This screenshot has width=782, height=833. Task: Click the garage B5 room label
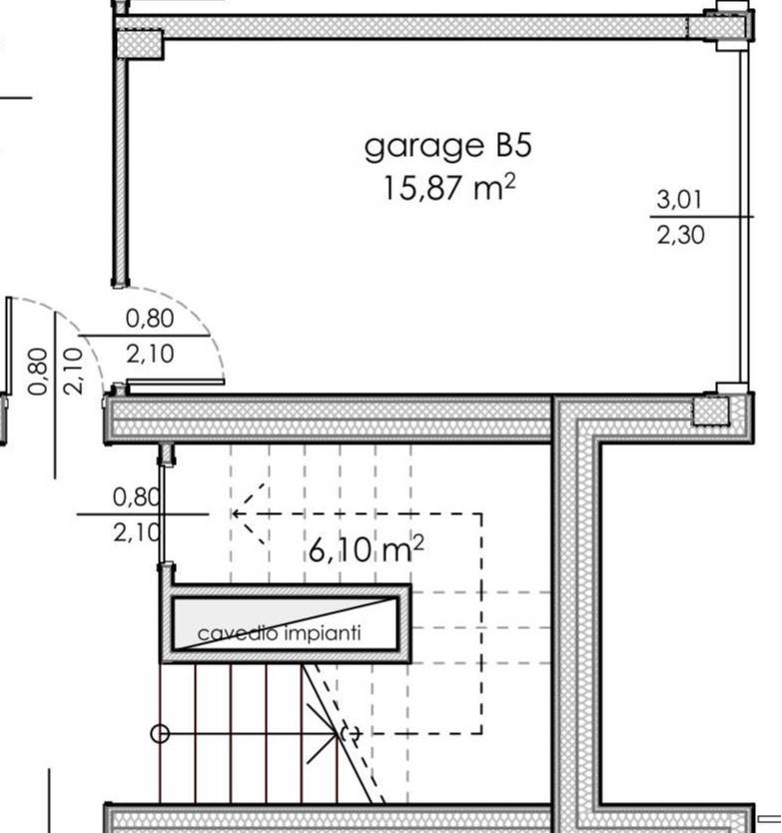coord(447,147)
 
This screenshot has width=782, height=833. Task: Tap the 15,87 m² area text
coord(448,187)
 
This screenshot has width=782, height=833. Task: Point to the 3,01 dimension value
coord(679,199)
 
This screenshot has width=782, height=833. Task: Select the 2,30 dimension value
coord(680,235)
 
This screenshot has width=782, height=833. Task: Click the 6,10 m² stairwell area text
coord(366,548)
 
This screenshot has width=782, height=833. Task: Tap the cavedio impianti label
coord(279,633)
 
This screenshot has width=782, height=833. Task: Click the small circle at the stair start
coord(160,734)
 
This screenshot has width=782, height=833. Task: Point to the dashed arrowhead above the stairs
coord(248,513)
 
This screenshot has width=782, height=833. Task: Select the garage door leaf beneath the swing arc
coord(176,382)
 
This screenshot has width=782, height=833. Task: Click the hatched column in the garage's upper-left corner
coord(140,44)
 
